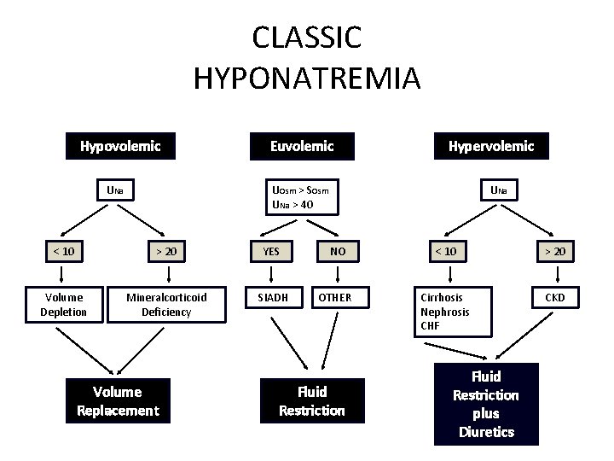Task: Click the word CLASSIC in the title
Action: [307, 38]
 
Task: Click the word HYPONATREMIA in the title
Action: [307, 79]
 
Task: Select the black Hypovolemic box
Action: [120, 146]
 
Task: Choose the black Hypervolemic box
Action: [491, 146]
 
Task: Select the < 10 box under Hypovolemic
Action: [62, 251]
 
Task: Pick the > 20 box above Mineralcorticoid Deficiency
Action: [166, 251]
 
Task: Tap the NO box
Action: [338, 251]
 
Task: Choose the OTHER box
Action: [334, 297]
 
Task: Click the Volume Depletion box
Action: [63, 305]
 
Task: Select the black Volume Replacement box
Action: [117, 401]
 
